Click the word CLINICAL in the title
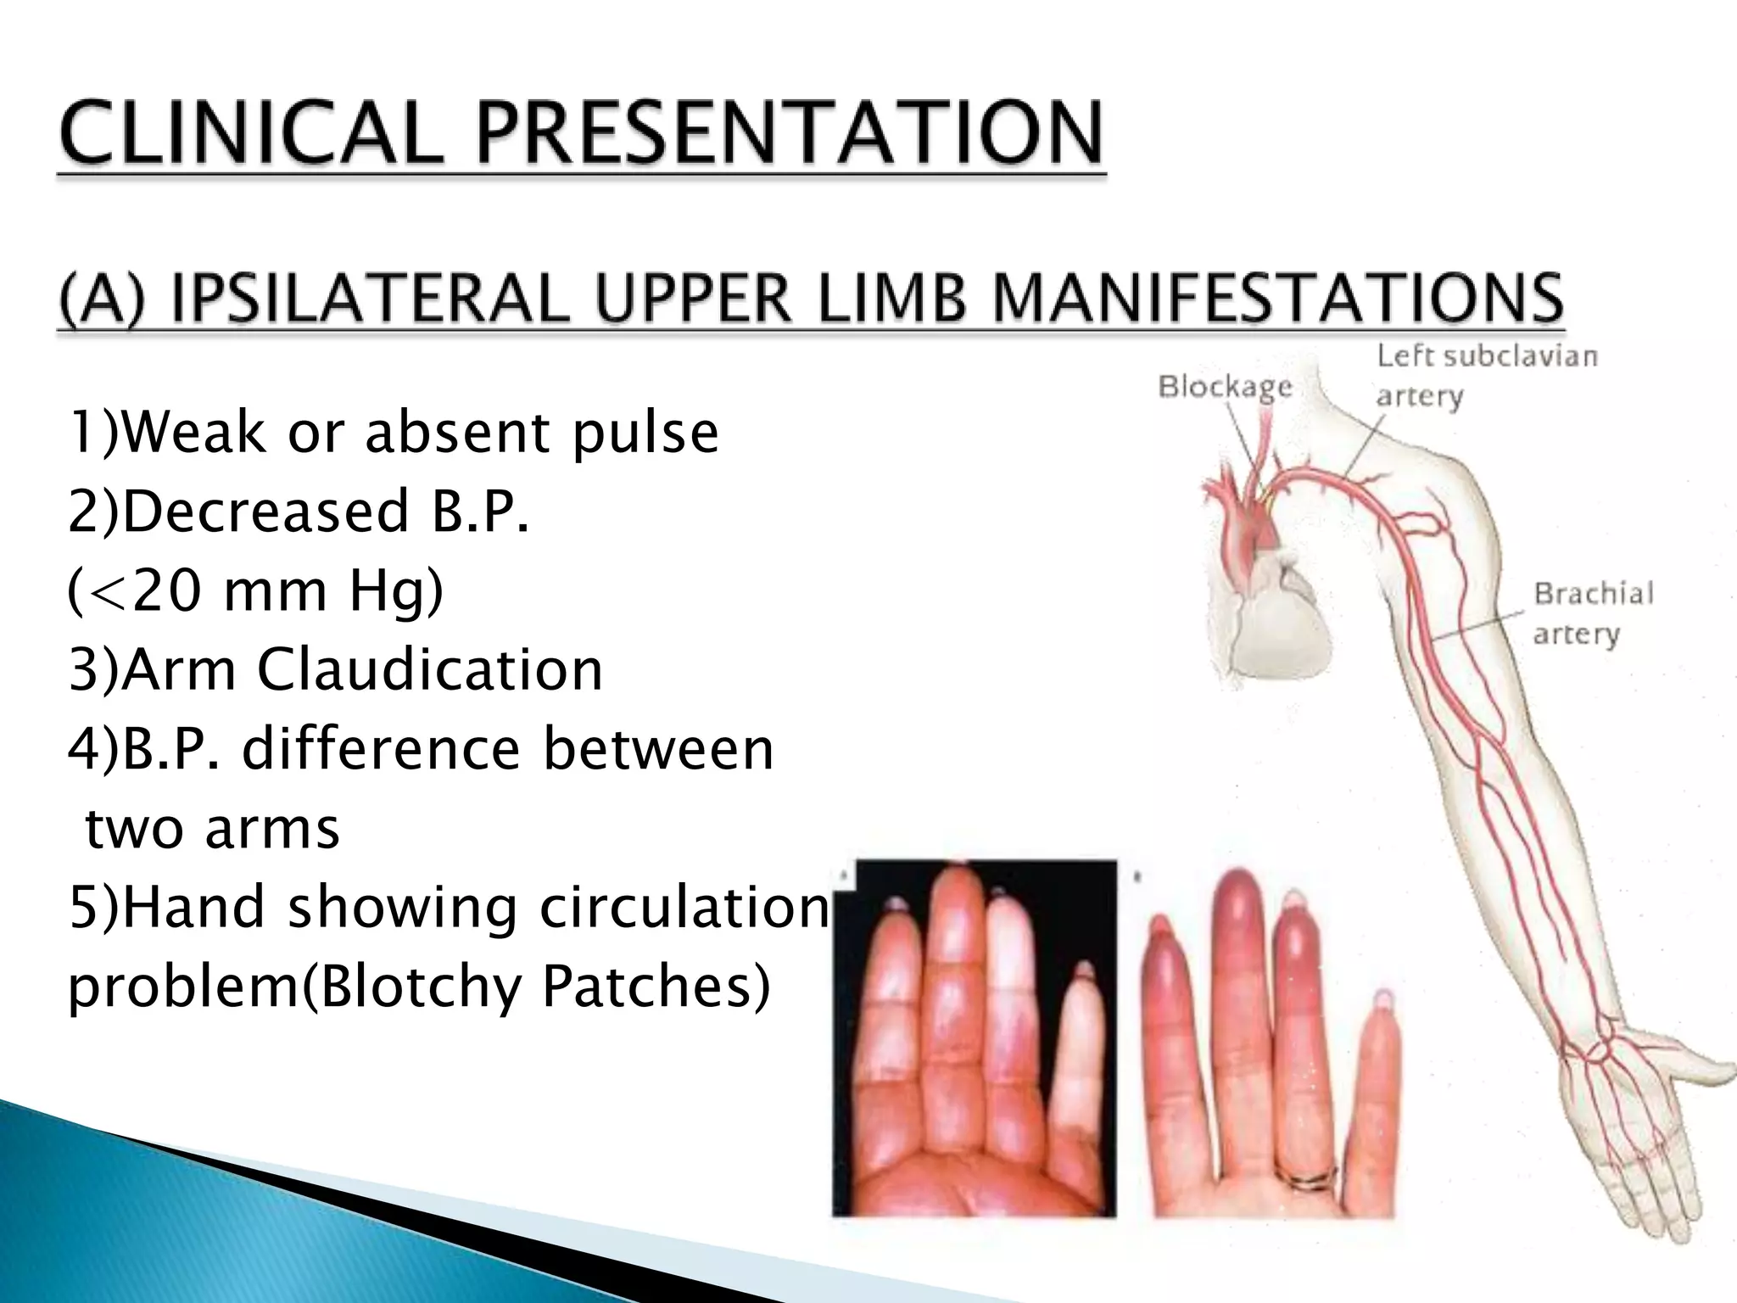click(x=250, y=134)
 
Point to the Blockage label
click(x=1225, y=388)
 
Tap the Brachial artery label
click(x=1592, y=612)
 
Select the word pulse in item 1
click(x=645, y=434)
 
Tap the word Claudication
click(x=429, y=670)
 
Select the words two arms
click(x=212, y=828)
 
